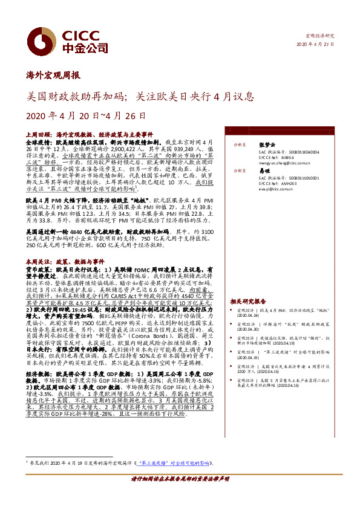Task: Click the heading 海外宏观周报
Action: [x=53, y=75]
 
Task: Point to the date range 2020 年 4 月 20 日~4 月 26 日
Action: [x=87, y=115]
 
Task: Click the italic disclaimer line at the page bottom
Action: [x=180, y=495]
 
